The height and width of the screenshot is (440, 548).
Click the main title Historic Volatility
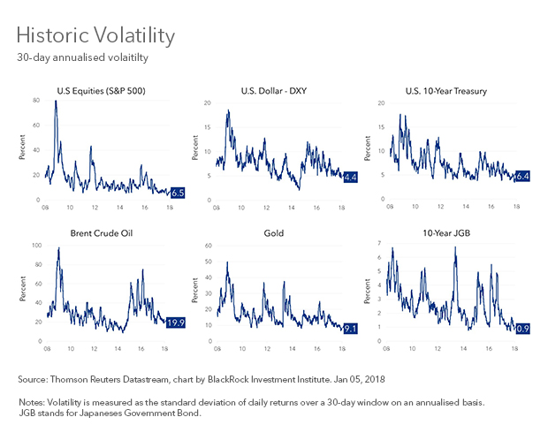[x=95, y=36]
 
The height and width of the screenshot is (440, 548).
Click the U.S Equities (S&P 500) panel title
[x=103, y=90]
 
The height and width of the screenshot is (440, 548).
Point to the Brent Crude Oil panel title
[x=103, y=234]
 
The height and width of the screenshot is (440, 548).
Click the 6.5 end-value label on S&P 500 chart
[x=177, y=191]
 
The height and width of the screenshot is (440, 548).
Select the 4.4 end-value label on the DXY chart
[x=349, y=178]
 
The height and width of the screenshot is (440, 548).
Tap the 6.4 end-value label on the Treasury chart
[x=521, y=176]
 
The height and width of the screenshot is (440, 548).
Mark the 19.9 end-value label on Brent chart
[x=175, y=322]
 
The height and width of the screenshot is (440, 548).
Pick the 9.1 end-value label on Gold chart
[x=349, y=329]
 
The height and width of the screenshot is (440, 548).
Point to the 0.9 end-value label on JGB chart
[x=521, y=329]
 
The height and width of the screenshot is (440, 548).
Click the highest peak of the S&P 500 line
[x=56, y=102]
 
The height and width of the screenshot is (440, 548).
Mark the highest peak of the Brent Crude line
[x=58, y=248]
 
